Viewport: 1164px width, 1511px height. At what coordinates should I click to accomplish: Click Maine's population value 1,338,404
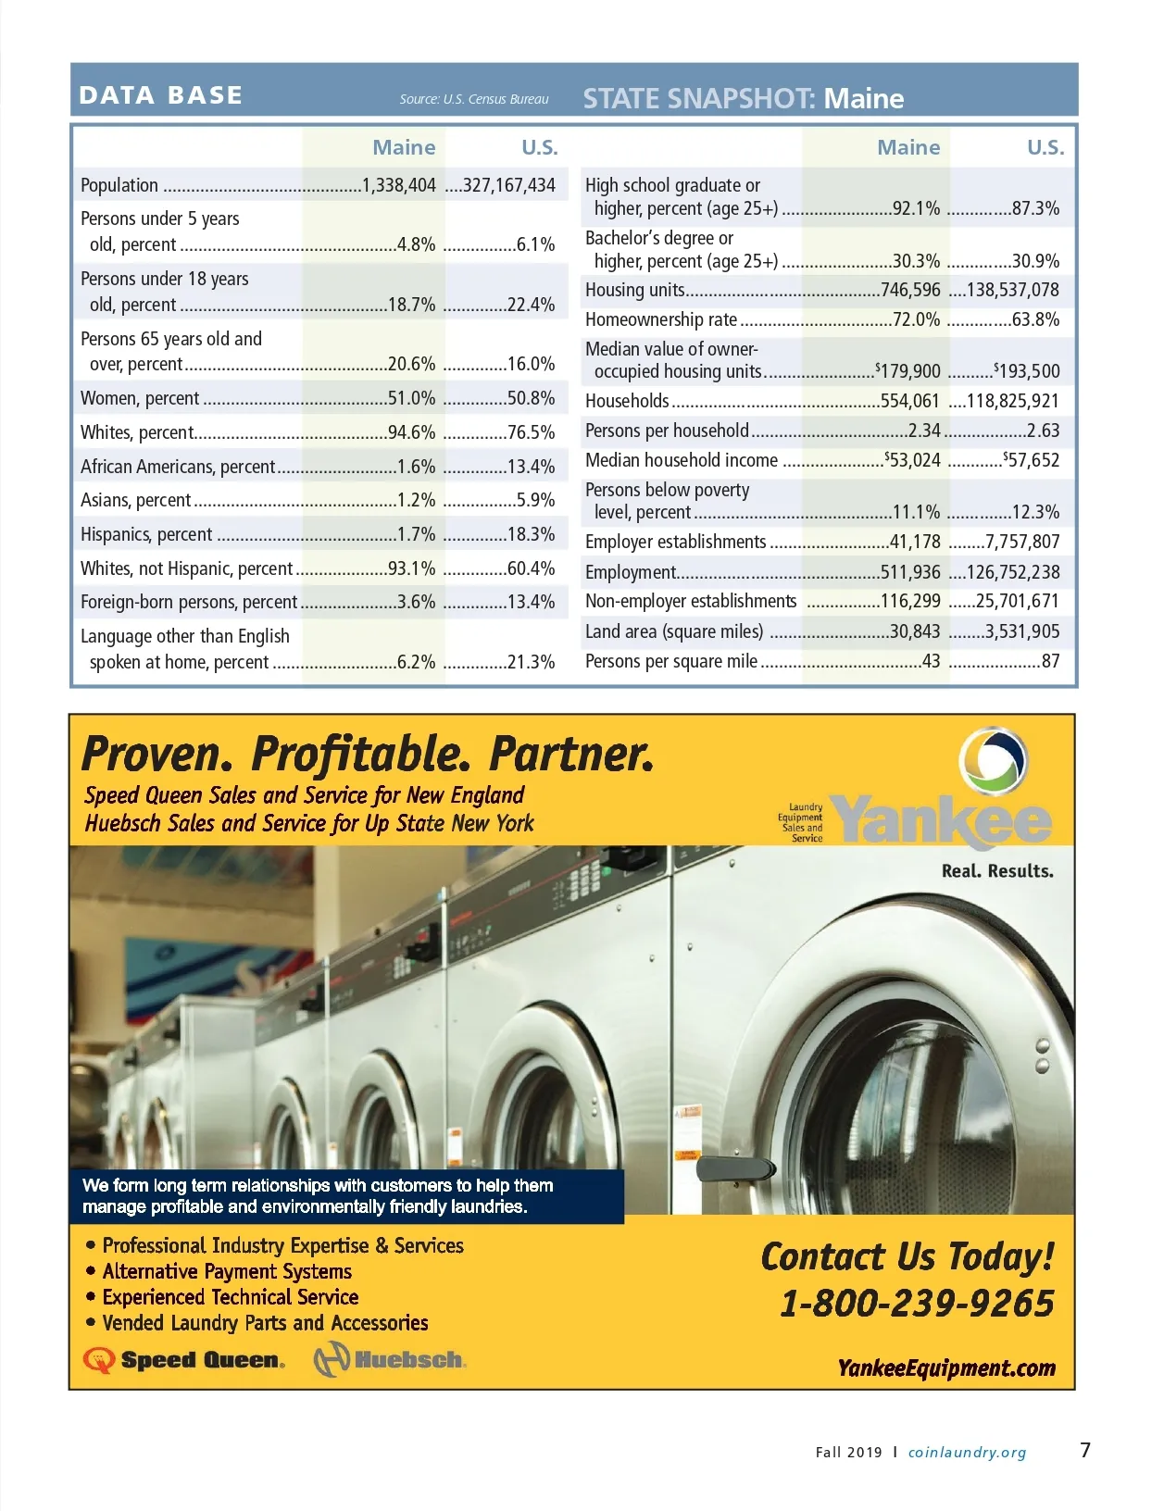(x=399, y=185)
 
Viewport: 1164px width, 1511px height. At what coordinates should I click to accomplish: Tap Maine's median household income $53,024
(x=913, y=460)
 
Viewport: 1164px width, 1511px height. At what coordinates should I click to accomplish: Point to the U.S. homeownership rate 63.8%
(x=1035, y=320)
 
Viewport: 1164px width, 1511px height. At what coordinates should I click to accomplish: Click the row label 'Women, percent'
(x=140, y=398)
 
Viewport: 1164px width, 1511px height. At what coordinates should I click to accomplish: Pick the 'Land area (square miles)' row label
(x=674, y=631)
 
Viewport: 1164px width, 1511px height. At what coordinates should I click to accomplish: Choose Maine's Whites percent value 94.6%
(x=411, y=432)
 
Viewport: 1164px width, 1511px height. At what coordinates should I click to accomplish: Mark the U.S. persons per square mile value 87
(x=1050, y=661)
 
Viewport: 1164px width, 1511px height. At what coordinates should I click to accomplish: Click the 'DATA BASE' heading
(x=161, y=95)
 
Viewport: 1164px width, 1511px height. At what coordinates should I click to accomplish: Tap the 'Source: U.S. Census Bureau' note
(x=474, y=99)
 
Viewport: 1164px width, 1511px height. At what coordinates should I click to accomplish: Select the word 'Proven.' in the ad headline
(x=156, y=755)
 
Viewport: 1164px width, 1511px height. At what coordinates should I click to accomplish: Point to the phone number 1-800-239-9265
(x=917, y=1304)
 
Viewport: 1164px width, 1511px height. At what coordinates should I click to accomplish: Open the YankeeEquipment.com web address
(x=946, y=1368)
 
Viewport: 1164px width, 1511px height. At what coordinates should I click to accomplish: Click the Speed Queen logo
(x=184, y=1360)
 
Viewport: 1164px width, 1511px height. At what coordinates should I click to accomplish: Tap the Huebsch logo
(x=390, y=1360)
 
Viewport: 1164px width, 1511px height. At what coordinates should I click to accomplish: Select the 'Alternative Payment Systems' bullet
(x=227, y=1271)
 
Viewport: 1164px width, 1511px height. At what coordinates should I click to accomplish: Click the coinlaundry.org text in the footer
(x=967, y=1453)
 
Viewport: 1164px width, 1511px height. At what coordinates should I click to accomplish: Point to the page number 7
(x=1085, y=1450)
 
